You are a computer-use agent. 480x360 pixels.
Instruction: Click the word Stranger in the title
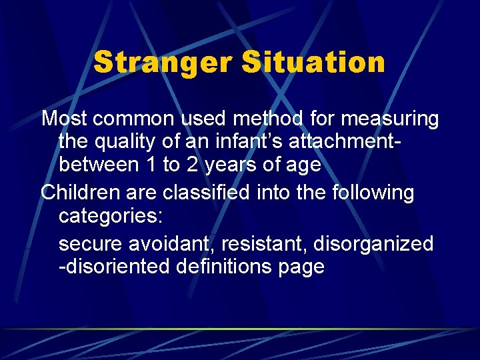(163, 63)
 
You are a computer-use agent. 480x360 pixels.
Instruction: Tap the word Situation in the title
(313, 63)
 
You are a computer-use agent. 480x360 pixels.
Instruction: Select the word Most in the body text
(65, 119)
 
